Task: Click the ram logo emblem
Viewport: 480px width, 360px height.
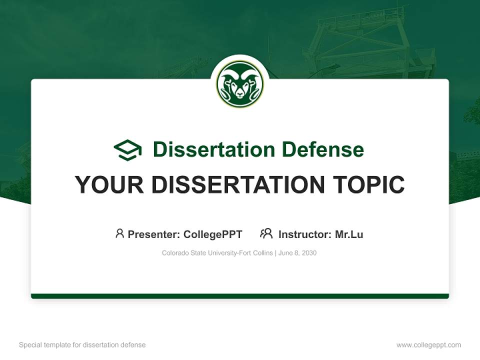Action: (x=240, y=84)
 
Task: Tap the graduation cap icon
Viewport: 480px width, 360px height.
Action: (x=127, y=150)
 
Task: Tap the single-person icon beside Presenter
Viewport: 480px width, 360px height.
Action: (x=119, y=233)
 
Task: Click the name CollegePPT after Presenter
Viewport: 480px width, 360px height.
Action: (x=213, y=234)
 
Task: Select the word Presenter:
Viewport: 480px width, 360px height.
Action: (x=154, y=234)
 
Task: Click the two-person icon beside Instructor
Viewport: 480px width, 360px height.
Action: (x=266, y=233)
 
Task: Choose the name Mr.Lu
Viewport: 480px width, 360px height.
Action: (x=349, y=234)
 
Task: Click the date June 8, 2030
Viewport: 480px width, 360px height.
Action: (x=297, y=253)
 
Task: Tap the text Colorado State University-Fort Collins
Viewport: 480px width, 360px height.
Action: (x=217, y=253)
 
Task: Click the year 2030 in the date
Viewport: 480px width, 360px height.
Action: (x=308, y=253)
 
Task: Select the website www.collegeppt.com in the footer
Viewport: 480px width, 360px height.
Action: (x=428, y=345)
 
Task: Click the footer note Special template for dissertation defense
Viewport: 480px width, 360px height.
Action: (x=82, y=345)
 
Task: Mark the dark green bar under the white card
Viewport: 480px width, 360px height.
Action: (x=240, y=296)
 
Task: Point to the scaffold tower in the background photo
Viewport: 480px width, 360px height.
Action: (x=370, y=45)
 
